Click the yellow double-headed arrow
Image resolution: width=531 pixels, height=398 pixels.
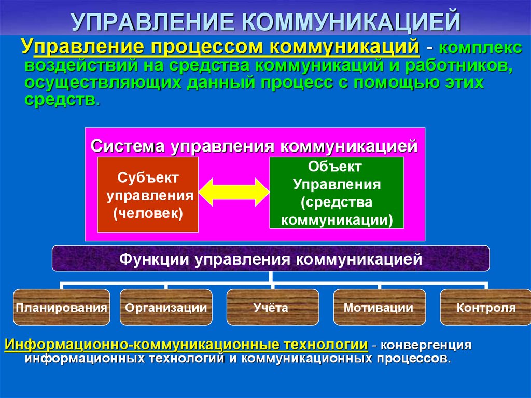(234, 192)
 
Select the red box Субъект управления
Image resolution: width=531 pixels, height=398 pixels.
(148, 195)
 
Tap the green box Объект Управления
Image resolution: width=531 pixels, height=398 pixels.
(337, 193)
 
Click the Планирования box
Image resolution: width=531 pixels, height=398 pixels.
(62, 307)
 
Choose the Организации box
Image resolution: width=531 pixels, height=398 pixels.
(166, 307)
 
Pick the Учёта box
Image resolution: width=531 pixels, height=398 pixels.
(273, 307)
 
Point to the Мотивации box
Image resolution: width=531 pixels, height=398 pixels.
(379, 307)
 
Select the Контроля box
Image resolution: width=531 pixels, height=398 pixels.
(485, 307)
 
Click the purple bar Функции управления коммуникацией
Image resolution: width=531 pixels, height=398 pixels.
(271, 258)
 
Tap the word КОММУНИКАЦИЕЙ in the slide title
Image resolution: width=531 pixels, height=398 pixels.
(352, 22)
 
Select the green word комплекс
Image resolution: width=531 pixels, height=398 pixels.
(481, 48)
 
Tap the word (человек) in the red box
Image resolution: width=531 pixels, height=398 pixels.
(148, 213)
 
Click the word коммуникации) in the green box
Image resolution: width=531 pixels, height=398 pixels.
(337, 220)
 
